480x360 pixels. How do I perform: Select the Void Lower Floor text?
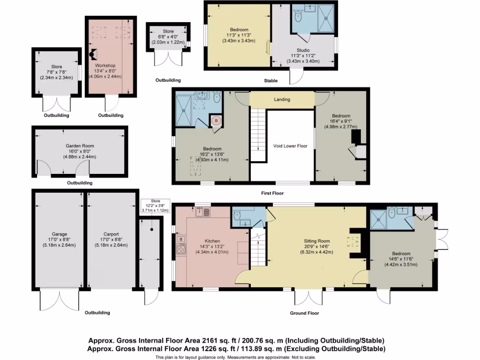[290, 146]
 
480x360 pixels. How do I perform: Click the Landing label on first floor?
[282, 99]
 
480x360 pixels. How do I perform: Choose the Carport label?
[111, 234]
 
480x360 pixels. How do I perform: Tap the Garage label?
[60, 234]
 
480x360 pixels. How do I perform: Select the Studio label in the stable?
[303, 50]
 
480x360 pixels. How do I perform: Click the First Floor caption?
[272, 193]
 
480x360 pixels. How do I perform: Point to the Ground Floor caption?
[305, 313]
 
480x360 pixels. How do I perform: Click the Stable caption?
[270, 81]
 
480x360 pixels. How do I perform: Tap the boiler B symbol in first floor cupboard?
[216, 120]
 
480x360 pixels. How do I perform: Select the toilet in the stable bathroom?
[298, 17]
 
